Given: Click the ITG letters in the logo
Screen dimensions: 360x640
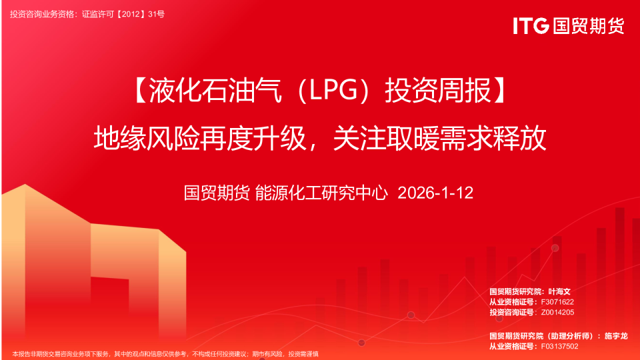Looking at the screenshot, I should click(531, 26).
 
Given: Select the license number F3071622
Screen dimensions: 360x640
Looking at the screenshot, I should click(557, 302).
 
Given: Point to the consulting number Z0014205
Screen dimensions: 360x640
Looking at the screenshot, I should click(557, 312).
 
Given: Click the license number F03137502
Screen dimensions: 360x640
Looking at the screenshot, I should click(559, 346).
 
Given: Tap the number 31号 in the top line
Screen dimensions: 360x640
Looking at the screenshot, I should click(156, 13).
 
